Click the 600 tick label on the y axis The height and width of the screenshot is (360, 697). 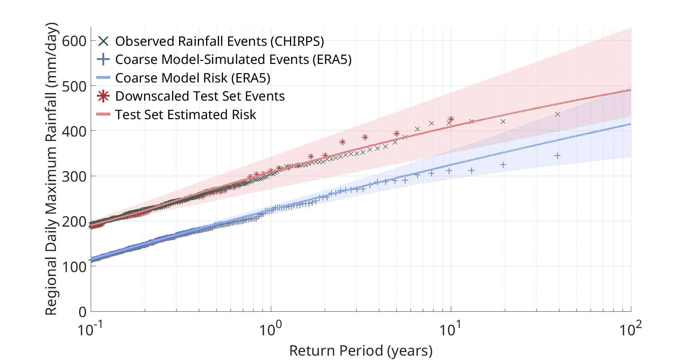click(x=74, y=41)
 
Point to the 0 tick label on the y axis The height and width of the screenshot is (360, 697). click(x=82, y=312)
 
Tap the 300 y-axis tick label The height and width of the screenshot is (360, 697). click(x=74, y=177)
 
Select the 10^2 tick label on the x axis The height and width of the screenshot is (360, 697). click(x=630, y=329)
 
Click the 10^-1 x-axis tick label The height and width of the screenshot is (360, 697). click(x=90, y=329)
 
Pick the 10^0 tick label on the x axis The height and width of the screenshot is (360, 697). click(x=270, y=329)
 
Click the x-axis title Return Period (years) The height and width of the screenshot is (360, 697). click(x=361, y=351)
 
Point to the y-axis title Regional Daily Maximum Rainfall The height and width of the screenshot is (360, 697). click(x=51, y=169)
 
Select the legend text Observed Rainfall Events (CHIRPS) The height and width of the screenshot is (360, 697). click(x=220, y=41)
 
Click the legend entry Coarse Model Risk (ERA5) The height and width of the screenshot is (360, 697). click(x=193, y=78)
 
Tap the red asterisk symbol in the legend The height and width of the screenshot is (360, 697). click(x=103, y=96)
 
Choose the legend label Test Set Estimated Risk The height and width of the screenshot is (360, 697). click(x=186, y=115)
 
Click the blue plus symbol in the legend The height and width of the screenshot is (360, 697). click(x=103, y=59)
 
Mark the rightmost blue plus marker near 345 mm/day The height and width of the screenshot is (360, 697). click(x=558, y=155)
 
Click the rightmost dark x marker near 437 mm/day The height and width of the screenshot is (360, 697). click(x=558, y=114)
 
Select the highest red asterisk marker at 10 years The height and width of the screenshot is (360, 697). click(x=451, y=119)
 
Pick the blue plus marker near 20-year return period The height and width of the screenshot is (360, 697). click(x=503, y=165)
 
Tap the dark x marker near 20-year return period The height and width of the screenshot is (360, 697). click(x=503, y=122)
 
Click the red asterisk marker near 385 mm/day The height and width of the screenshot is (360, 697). click(x=365, y=137)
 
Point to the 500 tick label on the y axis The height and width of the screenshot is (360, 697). click(x=74, y=86)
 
